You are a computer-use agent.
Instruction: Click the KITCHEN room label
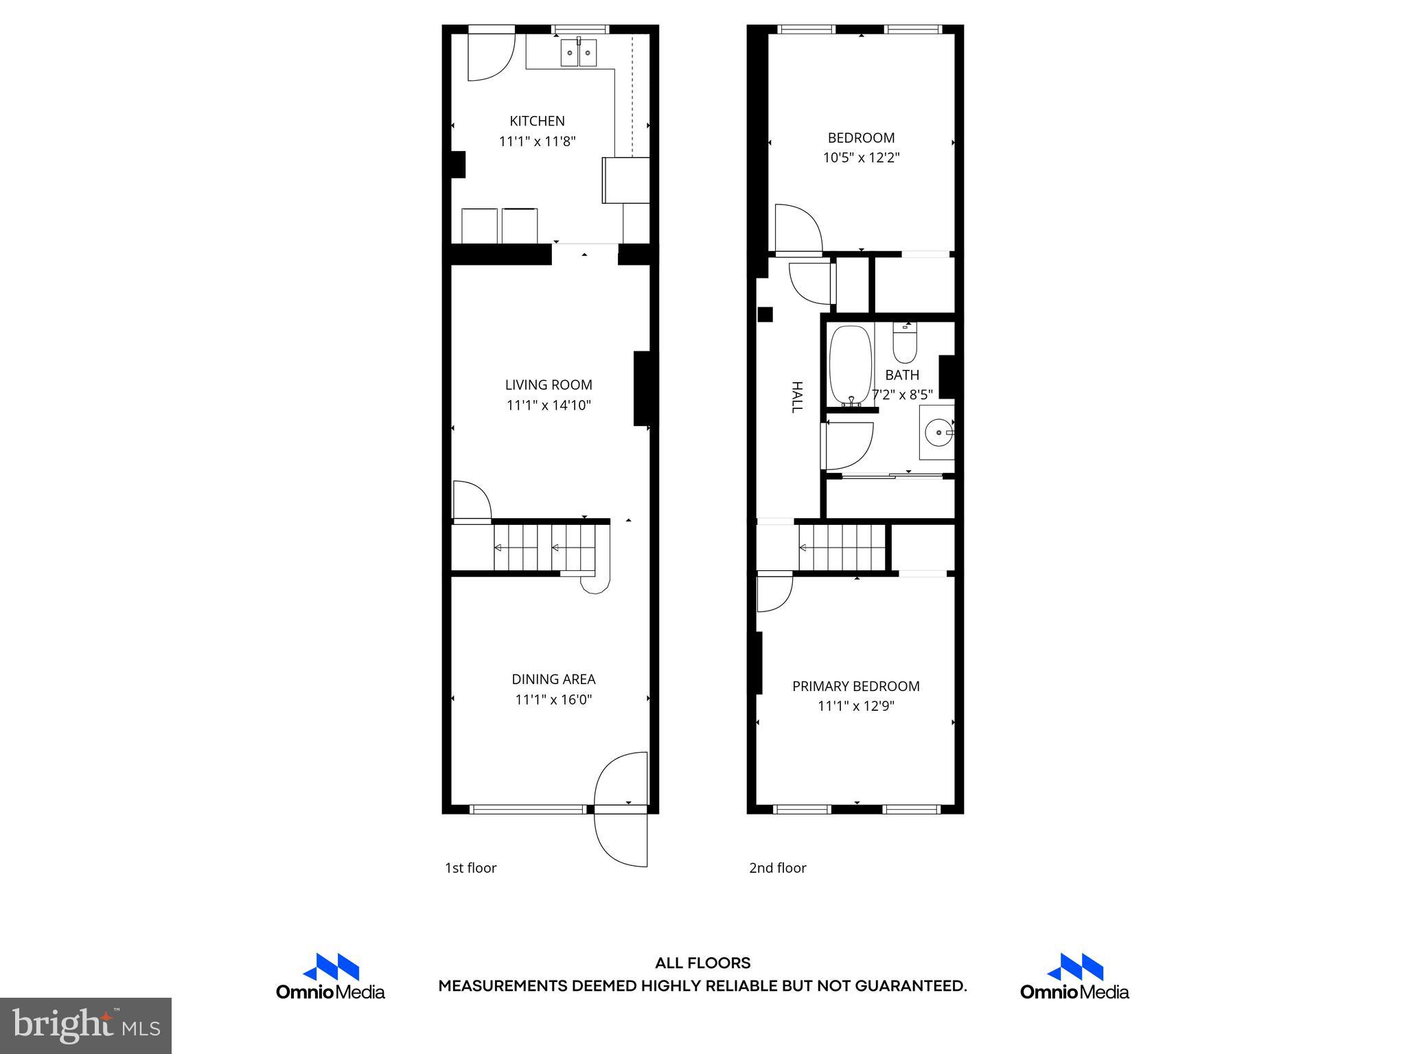(x=537, y=121)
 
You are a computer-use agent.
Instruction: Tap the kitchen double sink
(x=579, y=53)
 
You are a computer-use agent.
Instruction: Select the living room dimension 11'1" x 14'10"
(x=549, y=406)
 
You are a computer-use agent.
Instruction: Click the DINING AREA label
(x=553, y=679)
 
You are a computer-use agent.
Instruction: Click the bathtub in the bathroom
(x=851, y=366)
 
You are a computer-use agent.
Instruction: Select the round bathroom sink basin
(x=936, y=432)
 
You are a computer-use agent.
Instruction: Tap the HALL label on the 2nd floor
(x=796, y=397)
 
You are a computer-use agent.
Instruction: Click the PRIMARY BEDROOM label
(x=855, y=686)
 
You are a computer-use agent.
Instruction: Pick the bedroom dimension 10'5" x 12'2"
(x=861, y=158)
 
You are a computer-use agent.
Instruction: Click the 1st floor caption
(x=470, y=868)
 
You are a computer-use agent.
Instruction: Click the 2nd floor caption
(x=777, y=868)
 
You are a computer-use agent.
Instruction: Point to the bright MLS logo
(x=86, y=1026)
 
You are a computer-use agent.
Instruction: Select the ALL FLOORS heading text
(x=702, y=963)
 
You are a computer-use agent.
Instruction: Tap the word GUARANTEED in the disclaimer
(x=910, y=987)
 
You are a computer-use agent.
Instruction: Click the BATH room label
(x=901, y=375)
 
